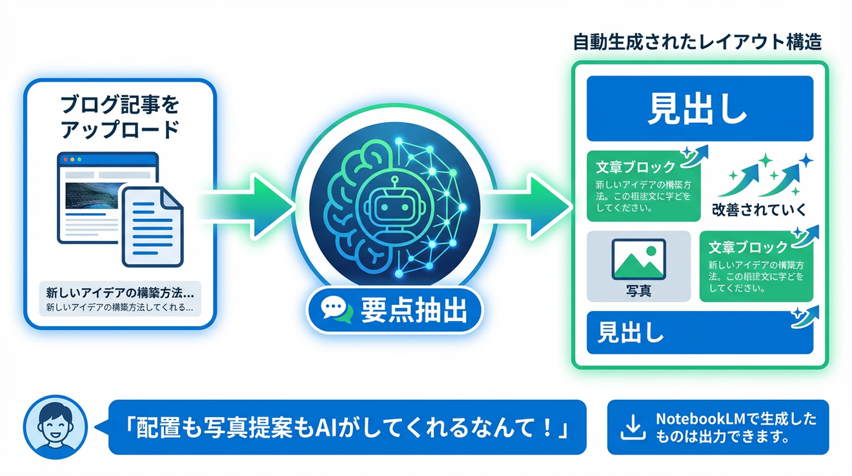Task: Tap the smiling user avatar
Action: click(55, 427)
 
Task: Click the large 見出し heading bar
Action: click(699, 109)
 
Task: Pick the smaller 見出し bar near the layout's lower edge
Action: click(699, 333)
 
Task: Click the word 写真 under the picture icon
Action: click(638, 291)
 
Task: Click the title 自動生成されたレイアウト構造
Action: click(697, 43)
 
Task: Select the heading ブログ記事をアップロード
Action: click(119, 117)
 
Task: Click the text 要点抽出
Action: click(413, 310)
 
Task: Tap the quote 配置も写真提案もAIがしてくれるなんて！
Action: click(347, 428)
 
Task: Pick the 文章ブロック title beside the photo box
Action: click(748, 247)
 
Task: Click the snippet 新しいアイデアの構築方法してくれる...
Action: click(119, 307)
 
